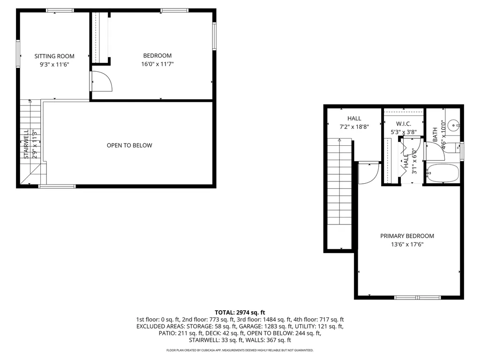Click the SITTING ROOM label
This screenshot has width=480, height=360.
coord(54,56)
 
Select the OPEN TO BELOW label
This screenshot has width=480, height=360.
coord(129,145)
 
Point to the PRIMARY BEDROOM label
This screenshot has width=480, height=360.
coord(407,236)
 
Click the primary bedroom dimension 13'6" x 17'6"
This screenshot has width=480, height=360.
coord(407,244)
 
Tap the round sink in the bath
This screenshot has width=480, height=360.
coord(453,125)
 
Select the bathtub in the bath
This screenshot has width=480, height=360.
coord(443,173)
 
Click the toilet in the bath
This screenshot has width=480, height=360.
coord(453,148)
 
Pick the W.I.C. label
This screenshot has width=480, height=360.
coord(403,124)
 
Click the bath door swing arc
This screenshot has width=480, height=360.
coord(435,148)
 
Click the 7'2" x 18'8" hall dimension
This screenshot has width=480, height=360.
coord(354,127)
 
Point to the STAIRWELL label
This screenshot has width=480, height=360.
coord(26,144)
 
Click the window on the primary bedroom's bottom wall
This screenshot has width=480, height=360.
coord(418,297)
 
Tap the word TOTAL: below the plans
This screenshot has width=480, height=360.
coord(227,312)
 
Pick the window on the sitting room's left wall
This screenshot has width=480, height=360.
coord(18,54)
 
